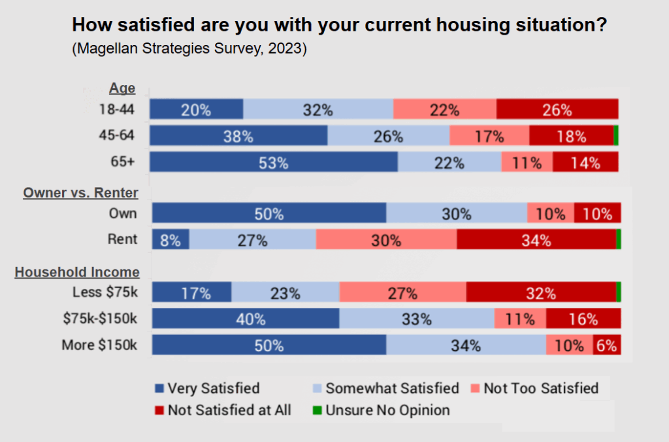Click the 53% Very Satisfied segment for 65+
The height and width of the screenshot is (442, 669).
(274, 163)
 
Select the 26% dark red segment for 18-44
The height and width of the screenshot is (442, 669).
(557, 109)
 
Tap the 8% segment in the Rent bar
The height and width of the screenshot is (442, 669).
(171, 240)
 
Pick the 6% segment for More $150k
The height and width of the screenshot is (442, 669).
(607, 345)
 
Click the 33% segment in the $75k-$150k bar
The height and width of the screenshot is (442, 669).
(417, 319)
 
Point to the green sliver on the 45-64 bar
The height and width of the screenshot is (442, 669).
(616, 136)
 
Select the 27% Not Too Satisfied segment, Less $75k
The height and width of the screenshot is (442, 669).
(403, 293)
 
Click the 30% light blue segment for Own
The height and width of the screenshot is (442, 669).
(457, 214)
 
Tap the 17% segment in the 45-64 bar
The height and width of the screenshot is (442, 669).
(489, 136)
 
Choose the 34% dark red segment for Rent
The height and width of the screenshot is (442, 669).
(536, 240)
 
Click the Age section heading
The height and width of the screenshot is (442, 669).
(122, 88)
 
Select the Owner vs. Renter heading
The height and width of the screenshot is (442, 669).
(80, 192)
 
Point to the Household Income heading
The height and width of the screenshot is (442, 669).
(77, 272)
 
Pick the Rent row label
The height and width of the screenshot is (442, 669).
(123, 239)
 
